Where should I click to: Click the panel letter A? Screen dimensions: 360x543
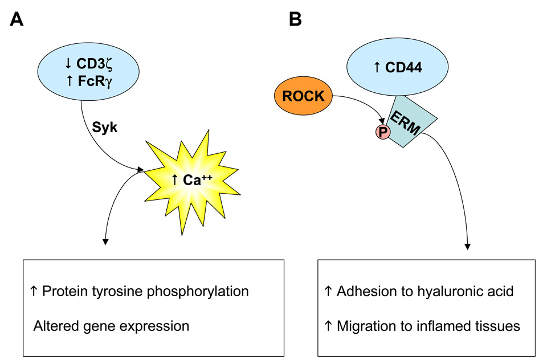click(x=18, y=21)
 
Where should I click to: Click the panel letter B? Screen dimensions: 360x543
click(x=296, y=21)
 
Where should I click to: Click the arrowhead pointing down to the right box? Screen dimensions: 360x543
click(x=468, y=246)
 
